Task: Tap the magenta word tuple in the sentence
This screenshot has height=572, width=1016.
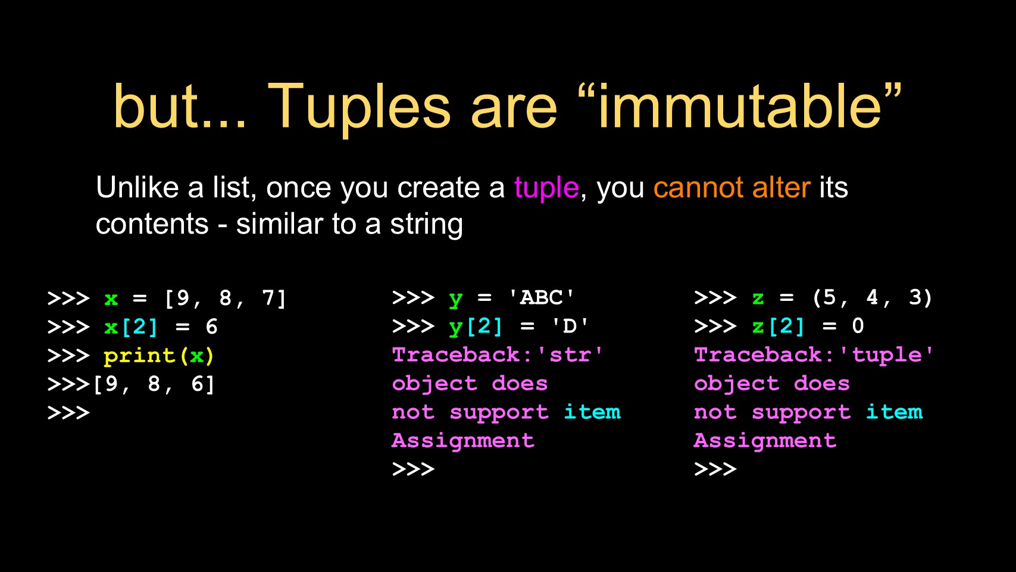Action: (546, 188)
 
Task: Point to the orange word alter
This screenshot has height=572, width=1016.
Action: (781, 187)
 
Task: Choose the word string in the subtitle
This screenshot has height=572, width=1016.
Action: (426, 225)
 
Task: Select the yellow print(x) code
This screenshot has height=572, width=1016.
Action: (159, 356)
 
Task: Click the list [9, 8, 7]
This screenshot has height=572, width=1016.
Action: (226, 299)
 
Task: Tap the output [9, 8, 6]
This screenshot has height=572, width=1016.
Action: (154, 384)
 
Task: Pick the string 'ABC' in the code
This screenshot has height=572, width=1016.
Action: (542, 298)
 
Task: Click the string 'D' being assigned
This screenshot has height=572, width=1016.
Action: (570, 326)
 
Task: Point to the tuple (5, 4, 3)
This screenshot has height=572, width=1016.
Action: (872, 298)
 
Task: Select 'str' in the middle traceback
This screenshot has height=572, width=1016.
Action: (570, 355)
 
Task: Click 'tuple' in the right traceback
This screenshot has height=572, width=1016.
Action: (887, 355)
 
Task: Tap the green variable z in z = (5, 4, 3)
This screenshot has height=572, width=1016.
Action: (758, 299)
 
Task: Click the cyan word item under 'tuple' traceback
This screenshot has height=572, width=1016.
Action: (894, 412)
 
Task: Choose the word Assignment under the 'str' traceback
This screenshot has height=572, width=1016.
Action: (463, 441)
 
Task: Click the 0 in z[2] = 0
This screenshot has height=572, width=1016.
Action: (858, 326)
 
